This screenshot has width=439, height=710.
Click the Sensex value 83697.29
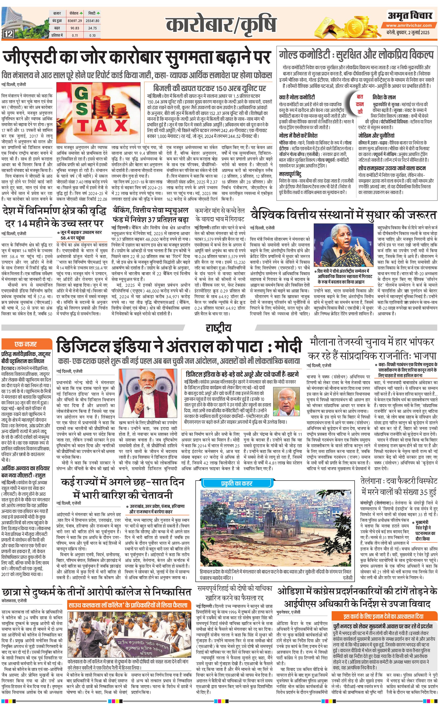[75, 21]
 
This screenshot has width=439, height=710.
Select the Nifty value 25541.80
[92, 21]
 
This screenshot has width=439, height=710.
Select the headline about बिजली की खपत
[210, 88]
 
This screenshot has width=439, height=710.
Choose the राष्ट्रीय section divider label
[219, 328]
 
